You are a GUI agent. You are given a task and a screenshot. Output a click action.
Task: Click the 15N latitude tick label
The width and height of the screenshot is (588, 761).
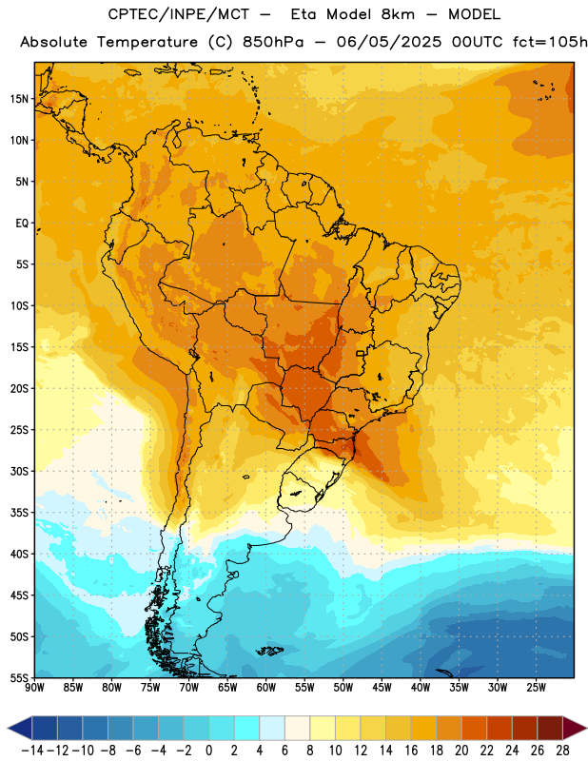pyautogui.click(x=19, y=99)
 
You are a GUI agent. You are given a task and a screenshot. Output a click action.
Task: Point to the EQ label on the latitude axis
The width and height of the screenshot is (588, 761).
pyautogui.click(x=22, y=224)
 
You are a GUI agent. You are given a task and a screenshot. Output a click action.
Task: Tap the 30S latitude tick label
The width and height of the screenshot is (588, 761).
pyautogui.click(x=19, y=471)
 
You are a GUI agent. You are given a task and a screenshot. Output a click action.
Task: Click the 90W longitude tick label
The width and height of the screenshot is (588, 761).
pyautogui.click(x=34, y=687)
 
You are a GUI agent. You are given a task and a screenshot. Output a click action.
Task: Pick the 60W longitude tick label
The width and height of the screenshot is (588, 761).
pyautogui.click(x=266, y=687)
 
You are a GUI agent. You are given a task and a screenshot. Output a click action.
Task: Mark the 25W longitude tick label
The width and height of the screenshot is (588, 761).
pyautogui.click(x=536, y=687)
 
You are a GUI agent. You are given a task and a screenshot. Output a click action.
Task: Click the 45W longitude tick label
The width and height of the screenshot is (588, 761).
pyautogui.click(x=382, y=687)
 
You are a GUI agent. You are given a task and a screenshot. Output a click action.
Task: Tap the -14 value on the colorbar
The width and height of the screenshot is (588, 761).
pyautogui.click(x=32, y=751)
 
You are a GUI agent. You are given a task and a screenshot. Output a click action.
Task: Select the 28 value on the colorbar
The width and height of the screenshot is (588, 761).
pyautogui.click(x=562, y=751)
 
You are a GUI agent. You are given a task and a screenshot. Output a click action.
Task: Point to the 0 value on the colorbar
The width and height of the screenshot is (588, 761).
pyautogui.click(x=208, y=751)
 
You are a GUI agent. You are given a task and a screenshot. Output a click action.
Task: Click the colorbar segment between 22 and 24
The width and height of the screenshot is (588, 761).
pyautogui.click(x=500, y=729)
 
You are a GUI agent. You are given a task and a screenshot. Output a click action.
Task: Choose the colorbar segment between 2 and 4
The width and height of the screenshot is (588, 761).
pyautogui.click(x=247, y=729)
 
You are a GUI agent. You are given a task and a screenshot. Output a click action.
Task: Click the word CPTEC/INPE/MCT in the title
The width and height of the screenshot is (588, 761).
pyautogui.click(x=179, y=14)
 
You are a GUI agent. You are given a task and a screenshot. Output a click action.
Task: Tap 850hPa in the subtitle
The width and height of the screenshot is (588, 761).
pyautogui.click(x=273, y=42)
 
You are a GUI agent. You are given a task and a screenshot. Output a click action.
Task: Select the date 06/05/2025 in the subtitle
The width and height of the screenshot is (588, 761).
pyautogui.click(x=389, y=42)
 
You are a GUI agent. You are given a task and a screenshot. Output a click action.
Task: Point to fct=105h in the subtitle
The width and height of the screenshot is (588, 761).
pyautogui.click(x=550, y=42)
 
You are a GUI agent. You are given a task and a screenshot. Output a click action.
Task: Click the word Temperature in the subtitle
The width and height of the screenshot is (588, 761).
pyautogui.click(x=147, y=43)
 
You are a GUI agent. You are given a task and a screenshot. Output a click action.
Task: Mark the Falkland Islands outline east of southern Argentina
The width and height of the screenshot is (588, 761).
pyautogui.click(x=270, y=651)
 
